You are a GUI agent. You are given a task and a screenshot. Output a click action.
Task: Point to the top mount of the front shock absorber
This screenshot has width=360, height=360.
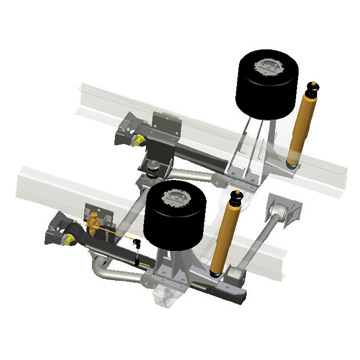(237, 195)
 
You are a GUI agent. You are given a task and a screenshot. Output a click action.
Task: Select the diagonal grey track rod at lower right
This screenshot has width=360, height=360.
(254, 245)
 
